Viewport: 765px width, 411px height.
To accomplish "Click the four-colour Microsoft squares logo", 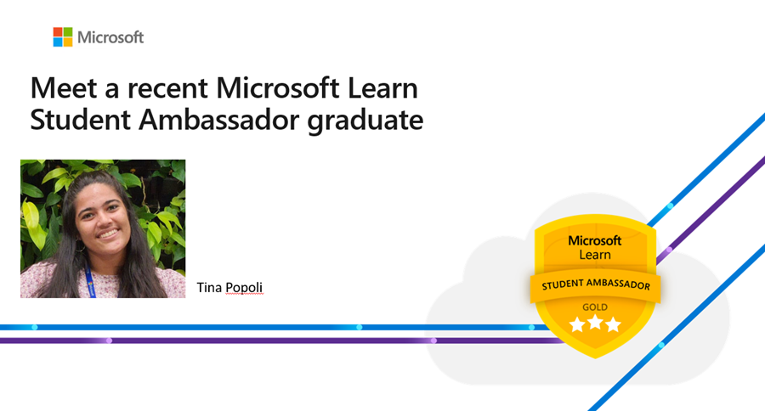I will pyautogui.click(x=63, y=37).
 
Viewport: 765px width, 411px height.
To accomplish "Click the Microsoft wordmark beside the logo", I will pyautogui.click(x=110, y=37).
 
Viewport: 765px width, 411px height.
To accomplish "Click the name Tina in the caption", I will pyautogui.click(x=208, y=287).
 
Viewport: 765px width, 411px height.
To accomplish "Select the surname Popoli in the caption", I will pyautogui.click(x=244, y=287).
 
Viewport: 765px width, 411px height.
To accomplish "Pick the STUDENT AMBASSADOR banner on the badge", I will pyautogui.click(x=595, y=286).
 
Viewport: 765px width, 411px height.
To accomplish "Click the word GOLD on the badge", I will pyautogui.click(x=595, y=307).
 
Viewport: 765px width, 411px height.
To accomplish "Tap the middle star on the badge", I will pyautogui.click(x=595, y=324).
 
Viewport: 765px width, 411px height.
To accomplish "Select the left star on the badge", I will pyautogui.click(x=577, y=324).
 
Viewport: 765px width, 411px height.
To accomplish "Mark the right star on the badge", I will pyautogui.click(x=613, y=324).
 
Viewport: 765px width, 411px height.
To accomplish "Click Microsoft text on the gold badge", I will pyautogui.click(x=595, y=241).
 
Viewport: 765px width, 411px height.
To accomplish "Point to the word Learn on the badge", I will pyautogui.click(x=595, y=255).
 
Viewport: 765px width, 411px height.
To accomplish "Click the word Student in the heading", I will pyautogui.click(x=72, y=121).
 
